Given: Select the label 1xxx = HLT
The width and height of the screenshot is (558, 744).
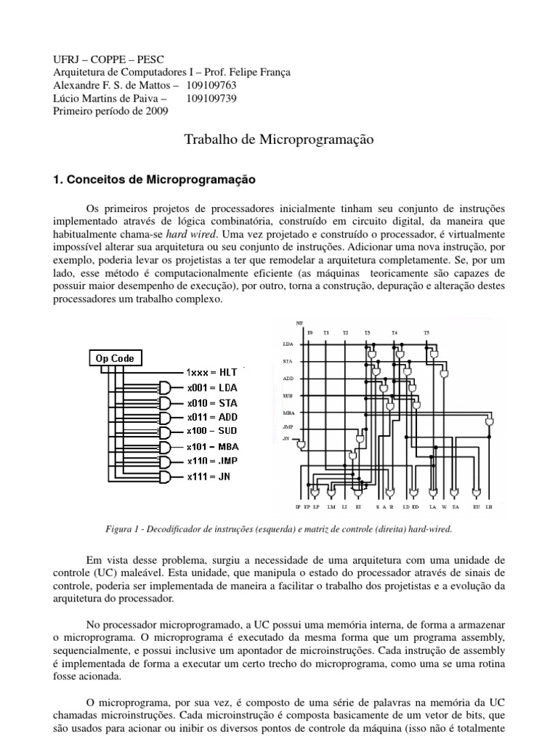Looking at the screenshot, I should pos(214,371).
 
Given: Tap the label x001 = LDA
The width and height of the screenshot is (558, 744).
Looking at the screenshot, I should pos(212,387).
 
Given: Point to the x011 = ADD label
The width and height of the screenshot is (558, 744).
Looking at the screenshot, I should pos(213,418).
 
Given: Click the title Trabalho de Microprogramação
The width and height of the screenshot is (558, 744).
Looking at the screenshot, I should pos(279,141).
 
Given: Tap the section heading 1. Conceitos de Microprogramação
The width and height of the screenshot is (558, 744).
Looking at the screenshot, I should pos(153,178).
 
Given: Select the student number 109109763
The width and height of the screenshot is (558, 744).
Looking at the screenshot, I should pos(211,85).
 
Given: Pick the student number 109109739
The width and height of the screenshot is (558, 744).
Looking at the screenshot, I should pos(211,98).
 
